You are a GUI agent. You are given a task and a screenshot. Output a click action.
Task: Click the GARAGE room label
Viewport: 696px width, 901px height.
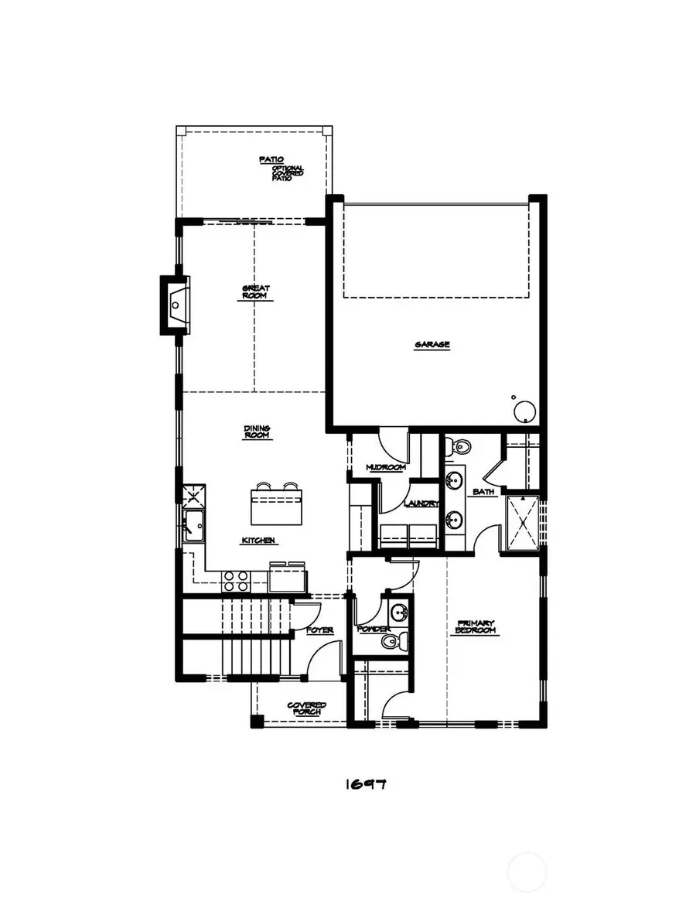tap(432, 345)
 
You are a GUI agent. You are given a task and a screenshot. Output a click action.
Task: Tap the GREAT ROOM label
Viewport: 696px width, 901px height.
tap(256, 292)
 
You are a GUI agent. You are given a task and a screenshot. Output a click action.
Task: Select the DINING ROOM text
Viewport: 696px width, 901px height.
tap(257, 432)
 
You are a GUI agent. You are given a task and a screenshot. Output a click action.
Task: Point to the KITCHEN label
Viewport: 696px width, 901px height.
tap(258, 541)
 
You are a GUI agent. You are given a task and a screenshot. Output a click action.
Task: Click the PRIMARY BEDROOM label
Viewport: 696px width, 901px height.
tap(475, 627)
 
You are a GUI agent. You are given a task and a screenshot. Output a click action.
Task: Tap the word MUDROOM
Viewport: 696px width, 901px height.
tap(385, 468)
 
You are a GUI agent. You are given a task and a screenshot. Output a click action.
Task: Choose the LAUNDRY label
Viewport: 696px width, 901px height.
tap(421, 504)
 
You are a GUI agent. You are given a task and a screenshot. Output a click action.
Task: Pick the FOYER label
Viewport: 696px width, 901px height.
tap(319, 630)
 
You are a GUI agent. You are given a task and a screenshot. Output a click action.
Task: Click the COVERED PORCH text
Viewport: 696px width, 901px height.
tap(306, 708)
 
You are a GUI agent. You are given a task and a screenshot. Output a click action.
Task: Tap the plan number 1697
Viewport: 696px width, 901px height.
tap(365, 784)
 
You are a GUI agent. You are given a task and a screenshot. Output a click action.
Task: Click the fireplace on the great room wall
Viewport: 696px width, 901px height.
tap(176, 305)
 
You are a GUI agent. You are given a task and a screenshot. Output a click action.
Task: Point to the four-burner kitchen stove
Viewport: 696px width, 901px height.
tap(236, 581)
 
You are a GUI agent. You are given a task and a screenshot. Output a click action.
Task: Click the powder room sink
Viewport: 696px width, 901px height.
tap(399, 614)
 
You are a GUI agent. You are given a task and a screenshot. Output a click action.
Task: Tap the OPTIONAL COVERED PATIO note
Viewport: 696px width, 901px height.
tap(287, 173)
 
